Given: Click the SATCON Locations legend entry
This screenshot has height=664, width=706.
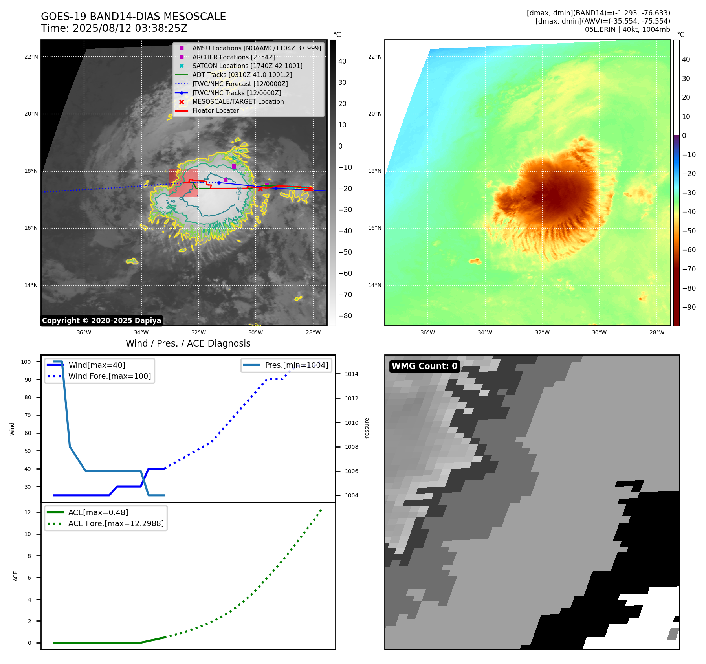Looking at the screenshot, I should pos(247,66).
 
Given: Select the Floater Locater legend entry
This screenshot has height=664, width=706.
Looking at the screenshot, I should pos(215,110).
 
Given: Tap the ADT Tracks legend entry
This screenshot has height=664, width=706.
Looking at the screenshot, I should pos(242,75).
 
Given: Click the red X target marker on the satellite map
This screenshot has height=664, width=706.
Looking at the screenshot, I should pos(260,189).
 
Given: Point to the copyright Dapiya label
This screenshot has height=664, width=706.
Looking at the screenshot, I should pos(101,321).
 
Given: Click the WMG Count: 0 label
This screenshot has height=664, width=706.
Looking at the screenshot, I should pos(424,366).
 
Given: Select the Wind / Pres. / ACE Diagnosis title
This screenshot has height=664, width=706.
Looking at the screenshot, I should pos(188,343).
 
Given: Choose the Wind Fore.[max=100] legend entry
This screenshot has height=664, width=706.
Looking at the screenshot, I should pos(109,376).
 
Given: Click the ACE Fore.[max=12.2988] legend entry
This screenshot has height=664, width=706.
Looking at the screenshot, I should pos(116,523).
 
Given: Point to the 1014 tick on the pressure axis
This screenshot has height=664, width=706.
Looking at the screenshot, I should pos(351,374).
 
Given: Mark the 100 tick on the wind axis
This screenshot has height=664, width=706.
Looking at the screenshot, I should pos(26,362).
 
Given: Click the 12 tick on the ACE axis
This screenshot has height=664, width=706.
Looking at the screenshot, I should pos(28,512).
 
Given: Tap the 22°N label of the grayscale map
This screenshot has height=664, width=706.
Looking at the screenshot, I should pos(31,57).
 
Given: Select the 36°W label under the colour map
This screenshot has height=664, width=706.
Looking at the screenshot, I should pos(427,332).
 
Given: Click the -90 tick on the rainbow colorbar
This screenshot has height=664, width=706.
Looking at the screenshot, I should pos(689,307).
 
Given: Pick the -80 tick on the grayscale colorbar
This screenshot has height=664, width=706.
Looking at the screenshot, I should pos(345,316).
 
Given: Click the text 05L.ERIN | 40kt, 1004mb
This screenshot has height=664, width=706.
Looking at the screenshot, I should pos(627,29).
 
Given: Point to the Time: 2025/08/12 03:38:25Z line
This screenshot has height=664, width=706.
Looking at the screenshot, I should pos(114,28).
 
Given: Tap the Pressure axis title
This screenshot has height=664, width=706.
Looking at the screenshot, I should pos(367,429).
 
